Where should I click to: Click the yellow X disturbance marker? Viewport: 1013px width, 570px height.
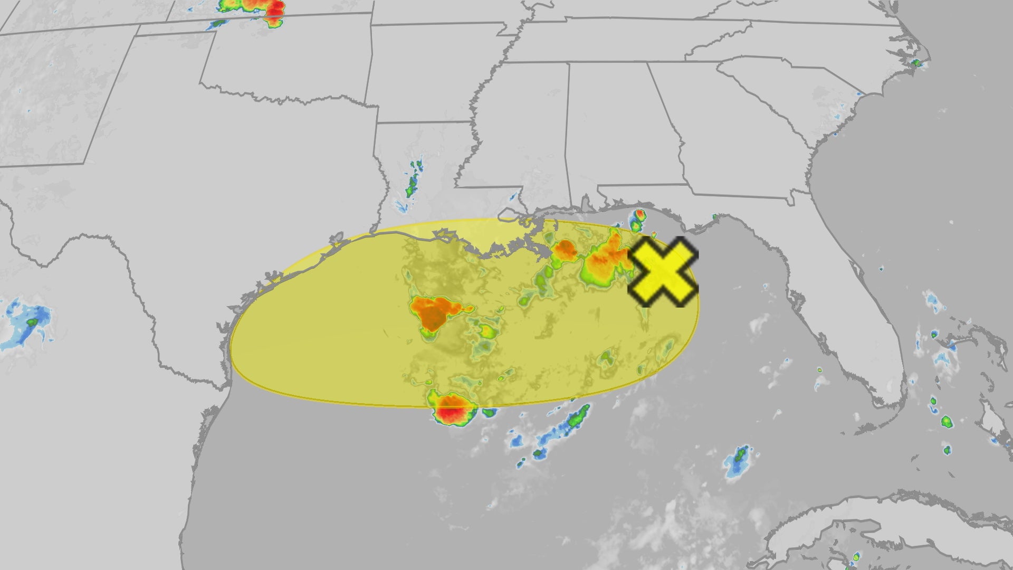[663, 272]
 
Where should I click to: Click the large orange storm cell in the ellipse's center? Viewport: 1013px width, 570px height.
[433, 311]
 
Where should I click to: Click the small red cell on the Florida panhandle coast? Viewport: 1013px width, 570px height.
[639, 215]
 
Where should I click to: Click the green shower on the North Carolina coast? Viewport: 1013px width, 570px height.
[916, 63]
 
